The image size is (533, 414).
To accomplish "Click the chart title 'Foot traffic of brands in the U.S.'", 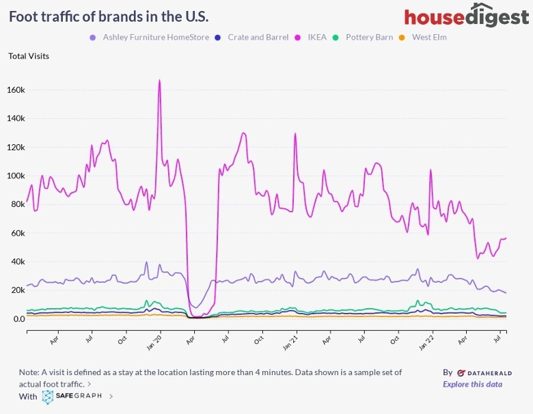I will tap(109, 16).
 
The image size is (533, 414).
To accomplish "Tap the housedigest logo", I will tap(466, 16).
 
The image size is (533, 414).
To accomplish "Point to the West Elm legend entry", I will tap(429, 37).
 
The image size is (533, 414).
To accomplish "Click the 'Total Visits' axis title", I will tap(29, 56).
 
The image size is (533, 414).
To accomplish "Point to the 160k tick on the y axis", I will tap(16, 89).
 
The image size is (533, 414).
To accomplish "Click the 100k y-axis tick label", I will tap(16, 176).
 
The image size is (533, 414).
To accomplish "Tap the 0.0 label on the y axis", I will tap(18, 319).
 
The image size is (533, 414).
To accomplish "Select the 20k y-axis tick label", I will tap(18, 290).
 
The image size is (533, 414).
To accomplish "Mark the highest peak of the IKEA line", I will tap(159, 81).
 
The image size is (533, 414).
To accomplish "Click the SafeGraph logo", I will tap(72, 396).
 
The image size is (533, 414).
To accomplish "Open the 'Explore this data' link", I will tap(472, 384).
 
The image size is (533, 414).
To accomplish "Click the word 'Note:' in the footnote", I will tap(30, 372).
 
